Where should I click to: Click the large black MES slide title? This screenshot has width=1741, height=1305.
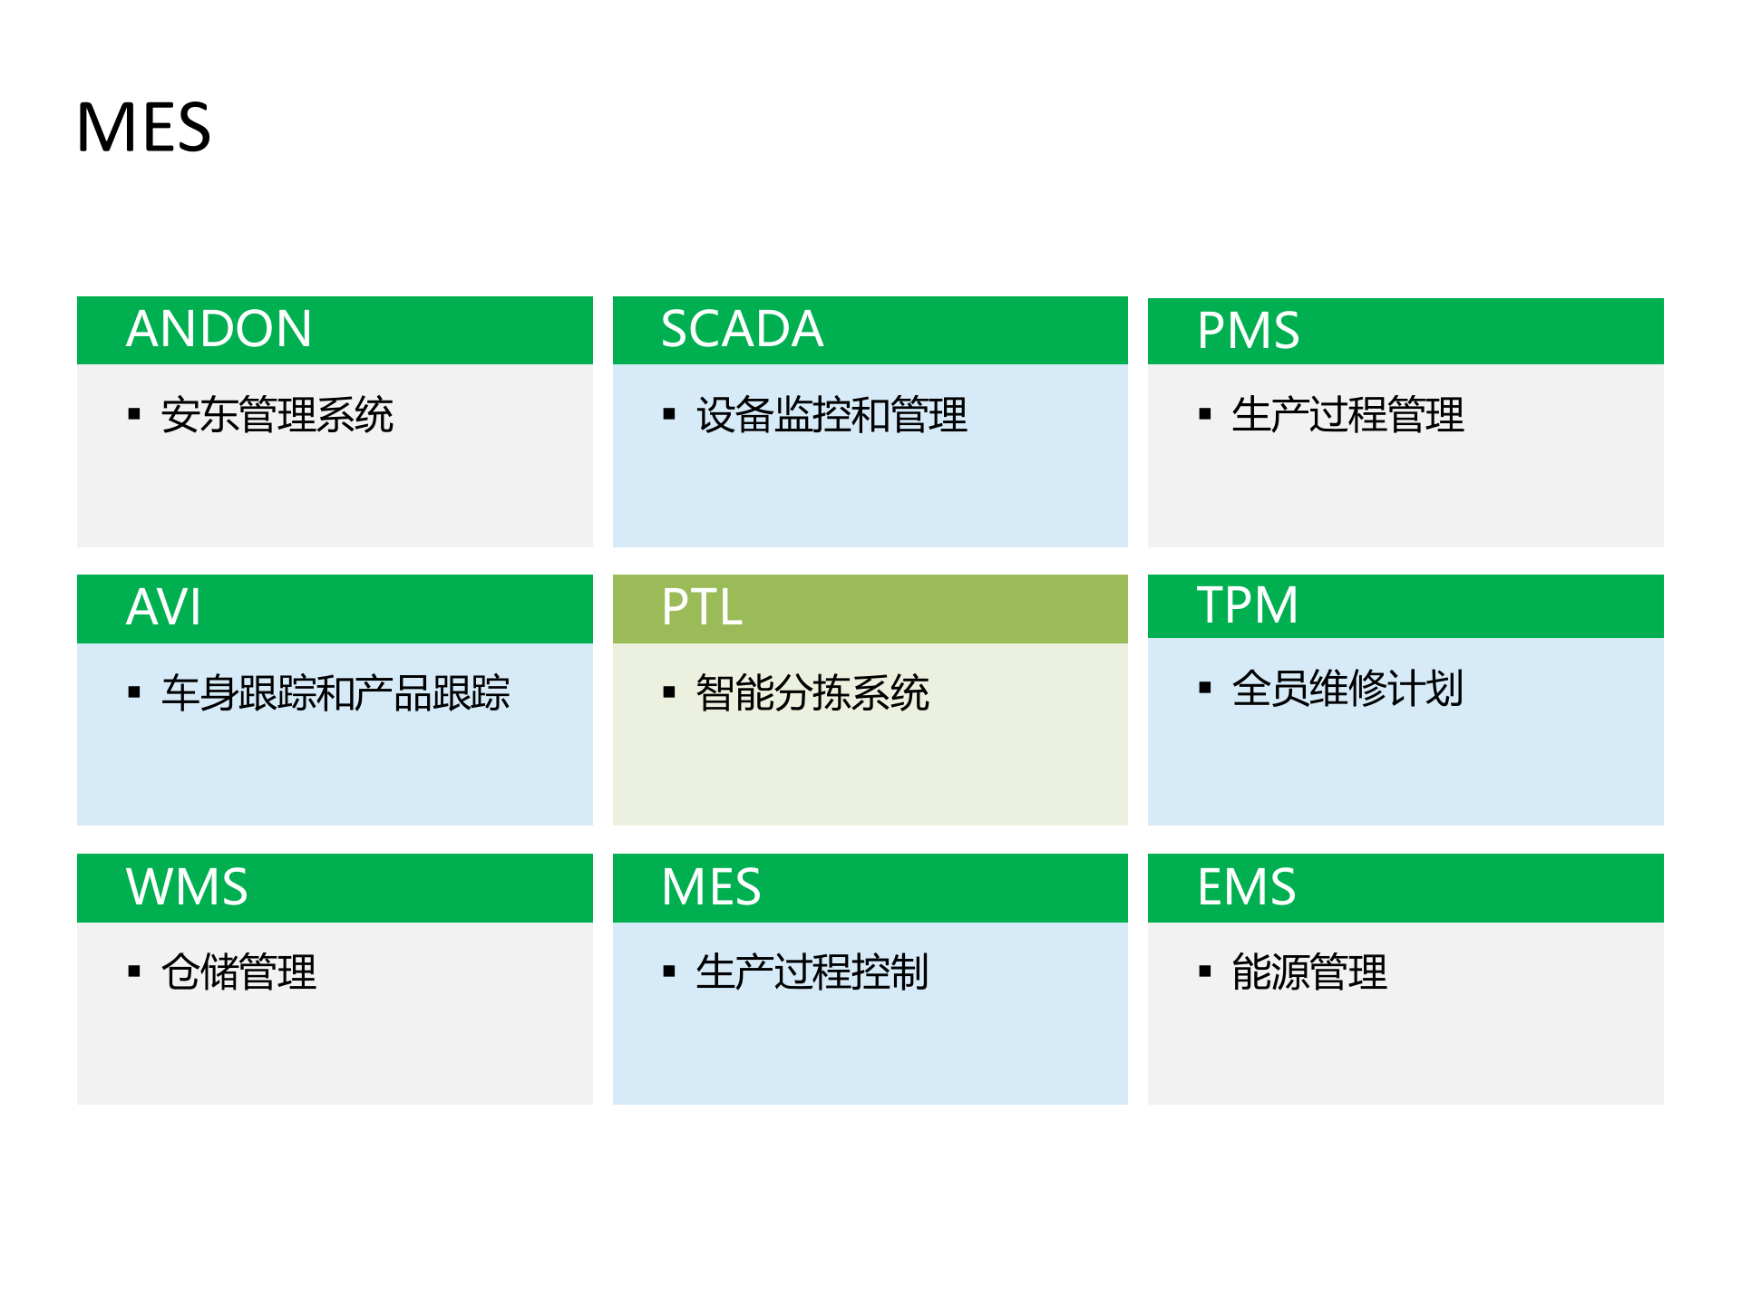click(143, 127)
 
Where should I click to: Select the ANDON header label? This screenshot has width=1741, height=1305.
click(219, 329)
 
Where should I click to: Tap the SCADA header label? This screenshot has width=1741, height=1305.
click(742, 329)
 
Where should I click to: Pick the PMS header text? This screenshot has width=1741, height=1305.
click(1248, 331)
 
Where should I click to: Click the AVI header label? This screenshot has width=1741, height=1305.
click(163, 607)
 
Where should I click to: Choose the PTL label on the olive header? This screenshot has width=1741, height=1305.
click(702, 607)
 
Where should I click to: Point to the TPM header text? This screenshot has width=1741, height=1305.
click(1247, 605)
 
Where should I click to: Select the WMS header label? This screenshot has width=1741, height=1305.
click(187, 886)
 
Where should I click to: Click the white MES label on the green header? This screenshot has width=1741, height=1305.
click(711, 886)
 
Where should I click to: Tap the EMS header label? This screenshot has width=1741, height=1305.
click(1246, 886)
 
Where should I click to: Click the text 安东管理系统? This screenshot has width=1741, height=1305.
click(277, 415)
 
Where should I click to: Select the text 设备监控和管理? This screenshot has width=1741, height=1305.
click(832, 415)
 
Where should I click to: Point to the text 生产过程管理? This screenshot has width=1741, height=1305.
click(1347, 415)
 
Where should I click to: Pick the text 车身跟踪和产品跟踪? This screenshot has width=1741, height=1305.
click(336, 693)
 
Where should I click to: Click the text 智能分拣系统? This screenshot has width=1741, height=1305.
click(812, 693)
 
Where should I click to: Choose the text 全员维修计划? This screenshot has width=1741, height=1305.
click(1347, 689)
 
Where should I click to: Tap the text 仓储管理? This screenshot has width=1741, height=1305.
click(239, 972)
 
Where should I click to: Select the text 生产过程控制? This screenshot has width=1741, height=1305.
click(812, 972)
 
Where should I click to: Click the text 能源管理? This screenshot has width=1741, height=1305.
click(1309, 972)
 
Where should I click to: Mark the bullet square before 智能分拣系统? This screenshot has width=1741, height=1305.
click(669, 693)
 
